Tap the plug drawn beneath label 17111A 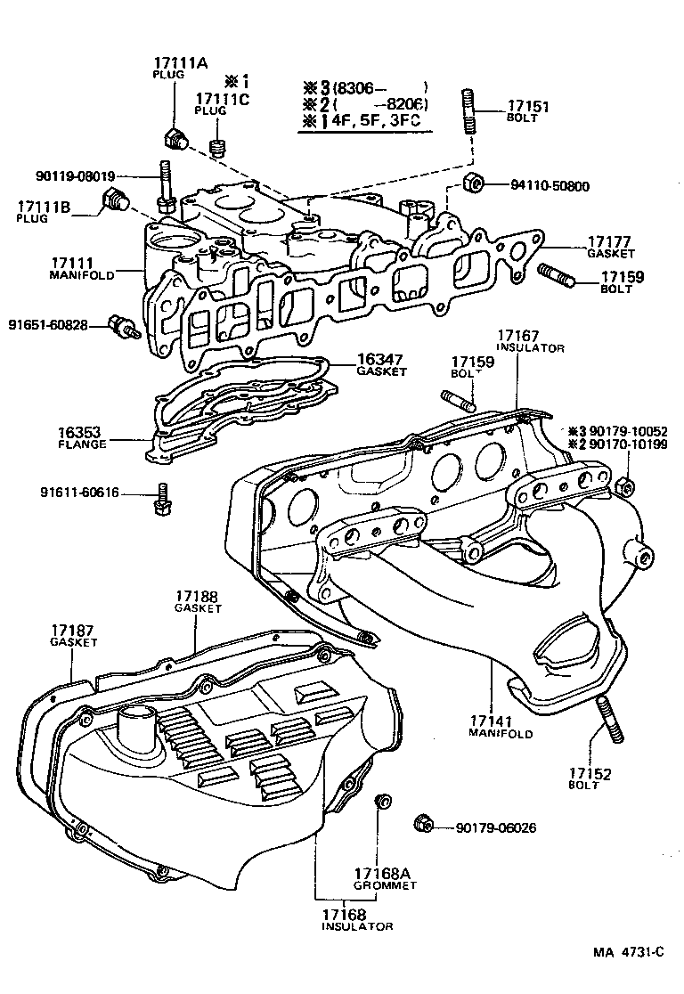175,138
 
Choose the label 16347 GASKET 381,360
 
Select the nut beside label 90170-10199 625,486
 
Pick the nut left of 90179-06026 423,823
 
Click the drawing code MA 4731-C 629,952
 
